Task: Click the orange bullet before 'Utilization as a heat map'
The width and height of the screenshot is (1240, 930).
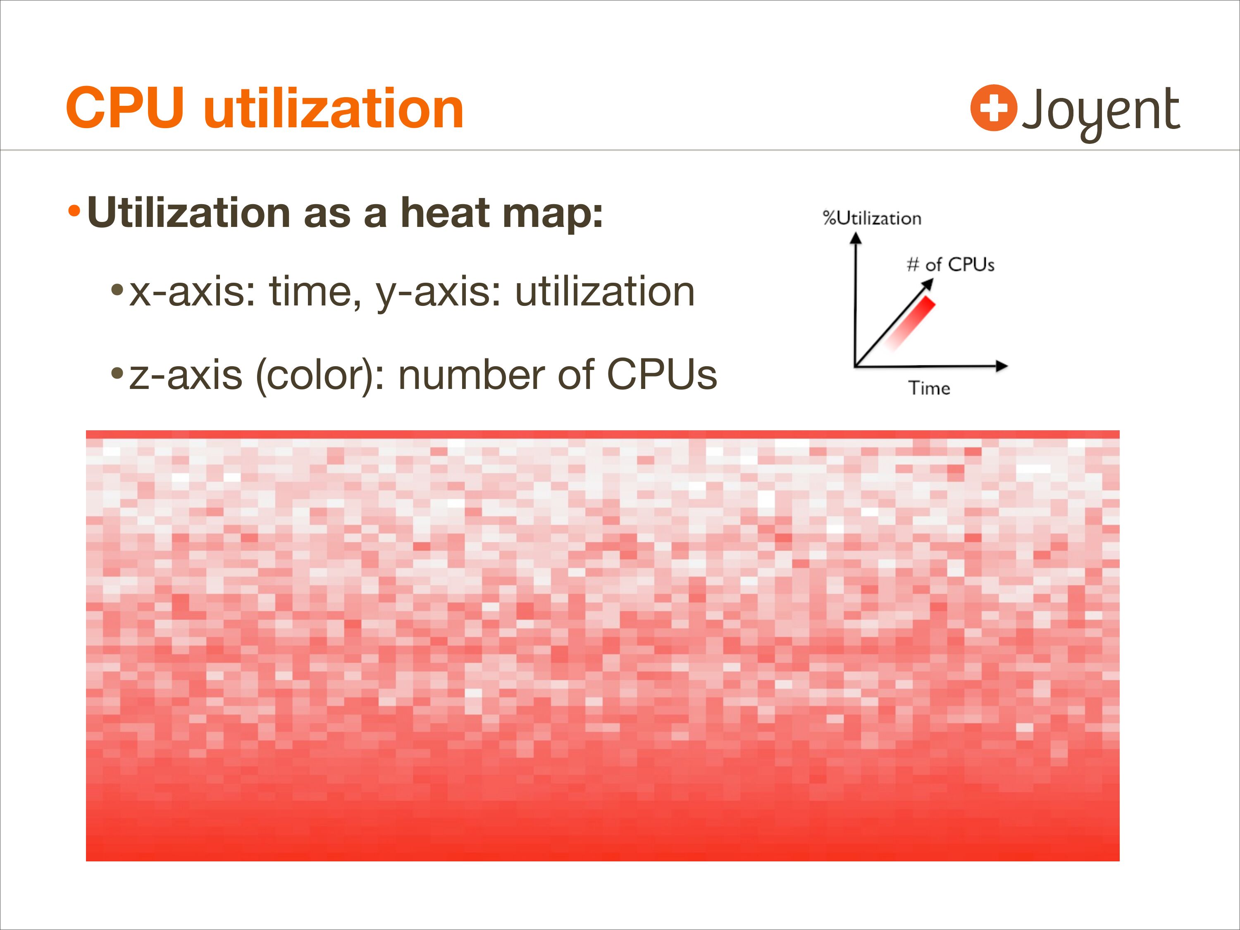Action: [x=74, y=212]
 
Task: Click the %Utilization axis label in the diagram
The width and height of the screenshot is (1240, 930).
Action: [x=872, y=218]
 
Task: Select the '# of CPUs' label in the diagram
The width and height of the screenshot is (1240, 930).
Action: [x=950, y=265]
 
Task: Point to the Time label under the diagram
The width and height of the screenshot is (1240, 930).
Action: [x=929, y=388]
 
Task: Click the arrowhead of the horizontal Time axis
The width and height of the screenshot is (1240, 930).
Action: [x=1002, y=367]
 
